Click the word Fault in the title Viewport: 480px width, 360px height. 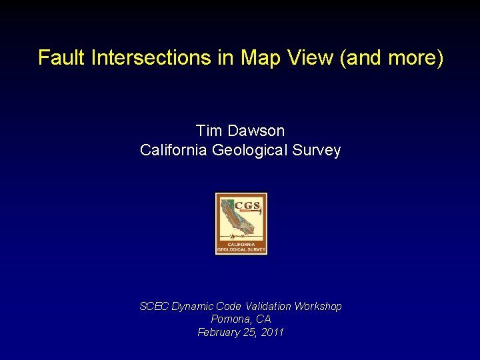click(62, 58)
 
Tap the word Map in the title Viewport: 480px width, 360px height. click(260, 58)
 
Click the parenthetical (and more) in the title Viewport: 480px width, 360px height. click(391, 58)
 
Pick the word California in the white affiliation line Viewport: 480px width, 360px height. click(174, 151)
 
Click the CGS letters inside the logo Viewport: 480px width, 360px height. click(247, 205)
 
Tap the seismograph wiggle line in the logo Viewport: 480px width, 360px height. click(241, 237)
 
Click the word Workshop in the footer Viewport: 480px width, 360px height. click(318, 306)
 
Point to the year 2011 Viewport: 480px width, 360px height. click(271, 332)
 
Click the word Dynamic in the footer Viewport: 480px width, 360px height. click(191, 306)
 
